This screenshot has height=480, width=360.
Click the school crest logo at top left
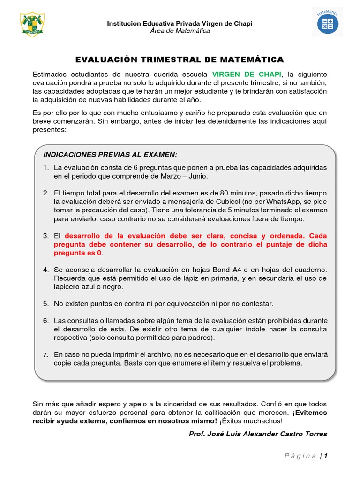pyautogui.click(x=32, y=25)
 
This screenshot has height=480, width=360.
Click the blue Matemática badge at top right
pyautogui.click(x=328, y=22)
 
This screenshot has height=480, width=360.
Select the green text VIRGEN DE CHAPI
pyautogui.click(x=247, y=75)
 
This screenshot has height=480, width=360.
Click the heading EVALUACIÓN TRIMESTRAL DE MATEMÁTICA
pyautogui.click(x=180, y=60)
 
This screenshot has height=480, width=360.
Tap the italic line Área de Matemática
pyautogui.click(x=180, y=31)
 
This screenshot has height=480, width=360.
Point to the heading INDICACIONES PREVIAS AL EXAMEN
pyautogui.click(x=110, y=155)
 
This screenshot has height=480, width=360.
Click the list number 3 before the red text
pyautogui.click(x=46, y=236)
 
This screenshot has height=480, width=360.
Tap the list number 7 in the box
pyautogui.click(x=46, y=355)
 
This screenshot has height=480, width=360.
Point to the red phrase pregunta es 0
pyautogui.click(x=77, y=253)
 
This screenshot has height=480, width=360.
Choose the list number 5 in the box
pyautogui.click(x=46, y=304)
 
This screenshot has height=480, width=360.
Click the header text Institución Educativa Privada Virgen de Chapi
pyautogui.click(x=180, y=23)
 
